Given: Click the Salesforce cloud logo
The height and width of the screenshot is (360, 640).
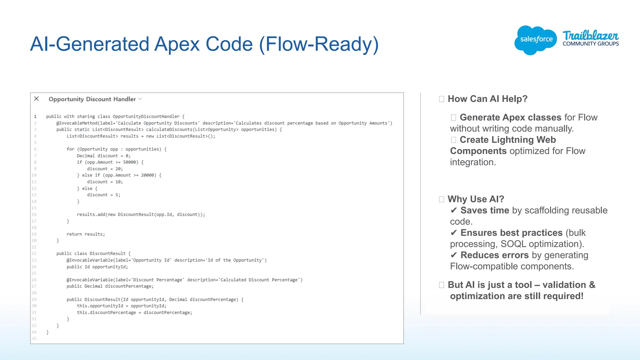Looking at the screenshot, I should point(536,40).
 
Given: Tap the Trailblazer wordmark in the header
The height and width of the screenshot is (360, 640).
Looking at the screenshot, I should point(590,35).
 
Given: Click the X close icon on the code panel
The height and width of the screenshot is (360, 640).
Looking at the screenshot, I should point(37,99).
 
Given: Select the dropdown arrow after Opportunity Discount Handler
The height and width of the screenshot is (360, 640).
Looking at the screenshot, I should point(140,99).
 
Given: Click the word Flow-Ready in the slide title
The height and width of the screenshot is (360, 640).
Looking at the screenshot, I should point(319,44).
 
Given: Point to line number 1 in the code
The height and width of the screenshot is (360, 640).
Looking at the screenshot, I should point(35,116).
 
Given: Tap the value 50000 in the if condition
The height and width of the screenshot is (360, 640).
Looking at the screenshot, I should point(129,162).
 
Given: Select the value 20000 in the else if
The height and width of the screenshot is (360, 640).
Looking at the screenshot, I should point(147,175).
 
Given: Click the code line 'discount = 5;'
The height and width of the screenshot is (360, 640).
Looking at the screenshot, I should point(103,195).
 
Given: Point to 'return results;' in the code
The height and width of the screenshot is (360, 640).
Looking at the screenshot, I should point(86,234).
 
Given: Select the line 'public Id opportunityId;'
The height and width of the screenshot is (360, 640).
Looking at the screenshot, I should point(97,267).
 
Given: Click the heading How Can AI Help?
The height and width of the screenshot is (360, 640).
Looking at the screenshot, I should point(487,99).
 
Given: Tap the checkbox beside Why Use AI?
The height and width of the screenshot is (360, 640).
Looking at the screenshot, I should point(442,199).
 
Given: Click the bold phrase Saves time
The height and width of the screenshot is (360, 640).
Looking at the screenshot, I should point(485,211).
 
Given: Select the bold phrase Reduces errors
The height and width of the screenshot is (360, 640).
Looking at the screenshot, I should point(494,255).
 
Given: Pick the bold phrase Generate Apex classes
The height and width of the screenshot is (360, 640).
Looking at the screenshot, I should point(510,117).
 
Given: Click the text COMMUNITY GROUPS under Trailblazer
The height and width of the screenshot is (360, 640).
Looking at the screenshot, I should point(591,44).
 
